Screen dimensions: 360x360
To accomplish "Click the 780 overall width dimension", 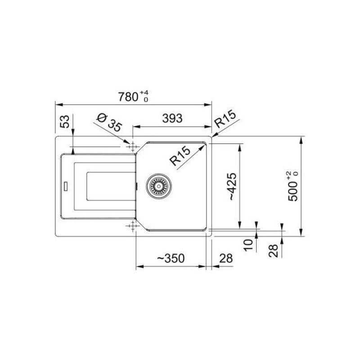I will (128, 96).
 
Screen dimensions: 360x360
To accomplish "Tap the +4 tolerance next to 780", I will (144, 93).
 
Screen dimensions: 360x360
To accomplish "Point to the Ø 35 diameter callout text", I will (109, 121).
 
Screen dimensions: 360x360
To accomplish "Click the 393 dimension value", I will (172, 118).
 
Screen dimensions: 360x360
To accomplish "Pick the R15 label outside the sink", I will (225, 121).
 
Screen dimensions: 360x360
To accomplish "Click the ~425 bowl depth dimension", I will (231, 186).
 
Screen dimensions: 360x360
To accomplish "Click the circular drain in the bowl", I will (159, 185).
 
